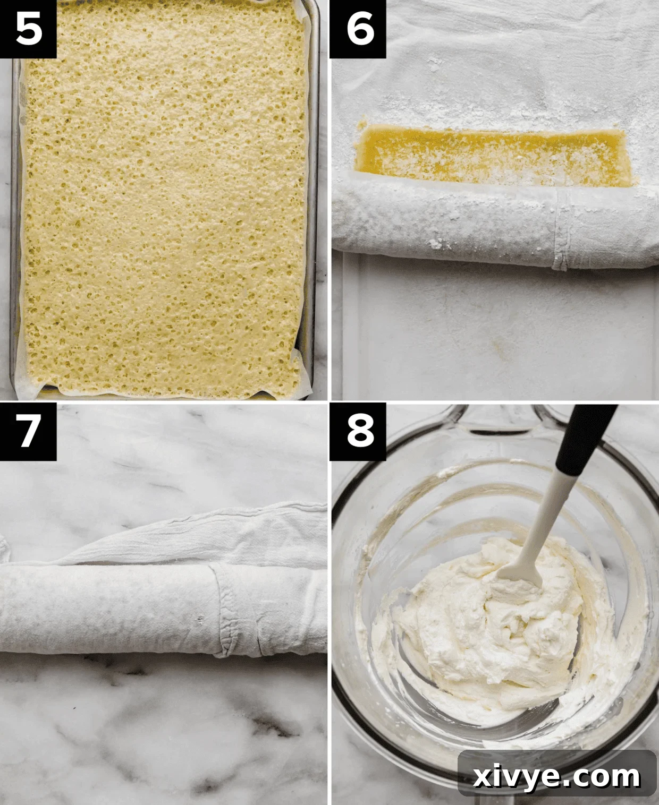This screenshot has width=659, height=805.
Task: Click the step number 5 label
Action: pyautogui.click(x=28, y=29)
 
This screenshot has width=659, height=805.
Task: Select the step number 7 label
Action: pyautogui.click(x=28, y=431)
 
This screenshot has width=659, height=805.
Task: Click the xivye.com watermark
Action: pyautogui.click(x=556, y=777)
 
